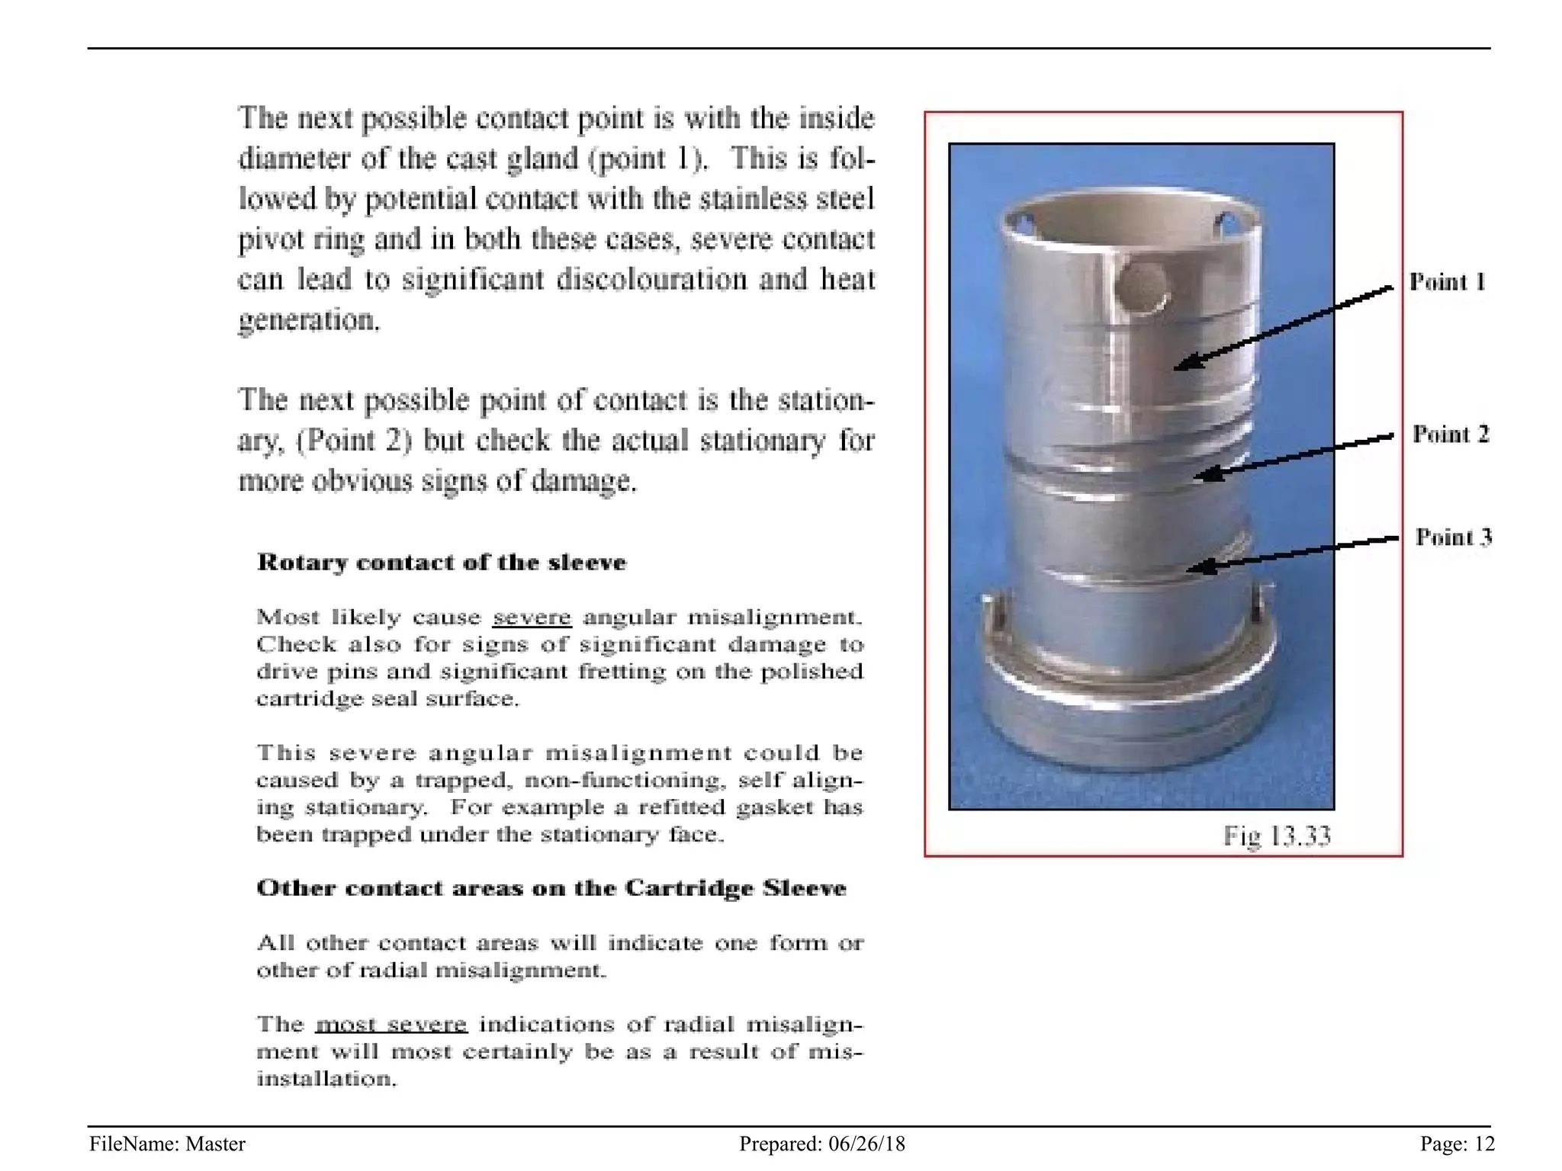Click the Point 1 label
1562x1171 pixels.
[1447, 282]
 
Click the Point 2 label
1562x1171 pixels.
[1450, 435]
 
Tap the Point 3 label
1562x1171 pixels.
[1453, 537]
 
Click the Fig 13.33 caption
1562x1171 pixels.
[1277, 836]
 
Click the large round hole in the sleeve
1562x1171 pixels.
[1141, 288]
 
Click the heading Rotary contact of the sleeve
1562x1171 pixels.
[442, 563]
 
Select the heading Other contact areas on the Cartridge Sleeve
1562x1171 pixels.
[551, 888]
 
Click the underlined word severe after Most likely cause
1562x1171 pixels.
[532, 617]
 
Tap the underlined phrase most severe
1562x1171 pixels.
[390, 1024]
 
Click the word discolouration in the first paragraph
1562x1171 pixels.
[651, 280]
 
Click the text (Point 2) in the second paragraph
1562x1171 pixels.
[354, 441]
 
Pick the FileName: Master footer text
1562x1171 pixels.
[167, 1144]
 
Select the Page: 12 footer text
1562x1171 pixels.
[1457, 1144]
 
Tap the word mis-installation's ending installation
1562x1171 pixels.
[326, 1080]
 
